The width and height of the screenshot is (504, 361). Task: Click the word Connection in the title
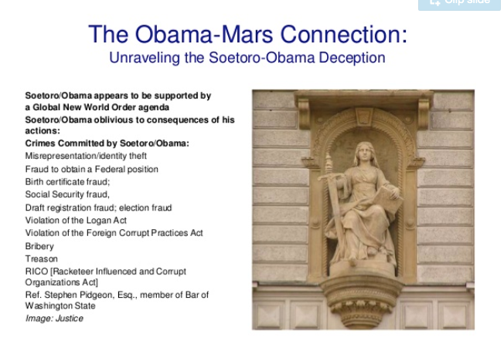pos(344,35)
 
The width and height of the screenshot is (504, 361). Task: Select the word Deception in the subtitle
pos(352,58)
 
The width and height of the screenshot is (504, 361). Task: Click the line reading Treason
pos(42,259)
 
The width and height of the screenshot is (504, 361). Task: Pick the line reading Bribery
pos(39,246)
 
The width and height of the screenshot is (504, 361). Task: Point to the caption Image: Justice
pos(54,319)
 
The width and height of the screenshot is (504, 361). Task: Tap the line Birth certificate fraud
pos(67,182)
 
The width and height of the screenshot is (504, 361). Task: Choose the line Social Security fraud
pos(67,194)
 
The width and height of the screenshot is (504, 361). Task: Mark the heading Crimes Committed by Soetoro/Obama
pos(107,143)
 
